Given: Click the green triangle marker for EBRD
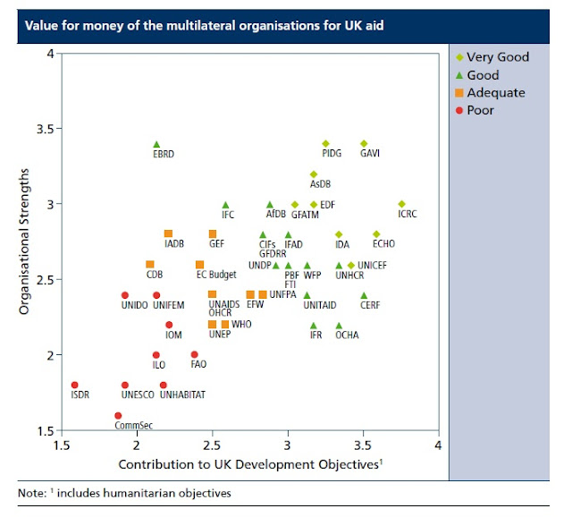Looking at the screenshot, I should (x=156, y=143).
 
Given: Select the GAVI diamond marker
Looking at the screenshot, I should (x=364, y=143).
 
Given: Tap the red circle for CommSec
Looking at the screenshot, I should (x=118, y=415).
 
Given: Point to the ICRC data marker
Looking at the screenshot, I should (x=401, y=204).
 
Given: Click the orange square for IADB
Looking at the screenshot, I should (x=168, y=233).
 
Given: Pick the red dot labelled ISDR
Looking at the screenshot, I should (x=75, y=386).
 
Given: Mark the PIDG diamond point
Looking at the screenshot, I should (x=325, y=143).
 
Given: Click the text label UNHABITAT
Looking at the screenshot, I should (x=183, y=394).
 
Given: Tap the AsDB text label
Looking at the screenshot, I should (x=320, y=184).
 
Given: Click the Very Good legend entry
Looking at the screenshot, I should (x=498, y=57).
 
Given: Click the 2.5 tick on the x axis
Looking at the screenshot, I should (x=212, y=445).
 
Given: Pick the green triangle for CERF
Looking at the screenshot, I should (x=364, y=295).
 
